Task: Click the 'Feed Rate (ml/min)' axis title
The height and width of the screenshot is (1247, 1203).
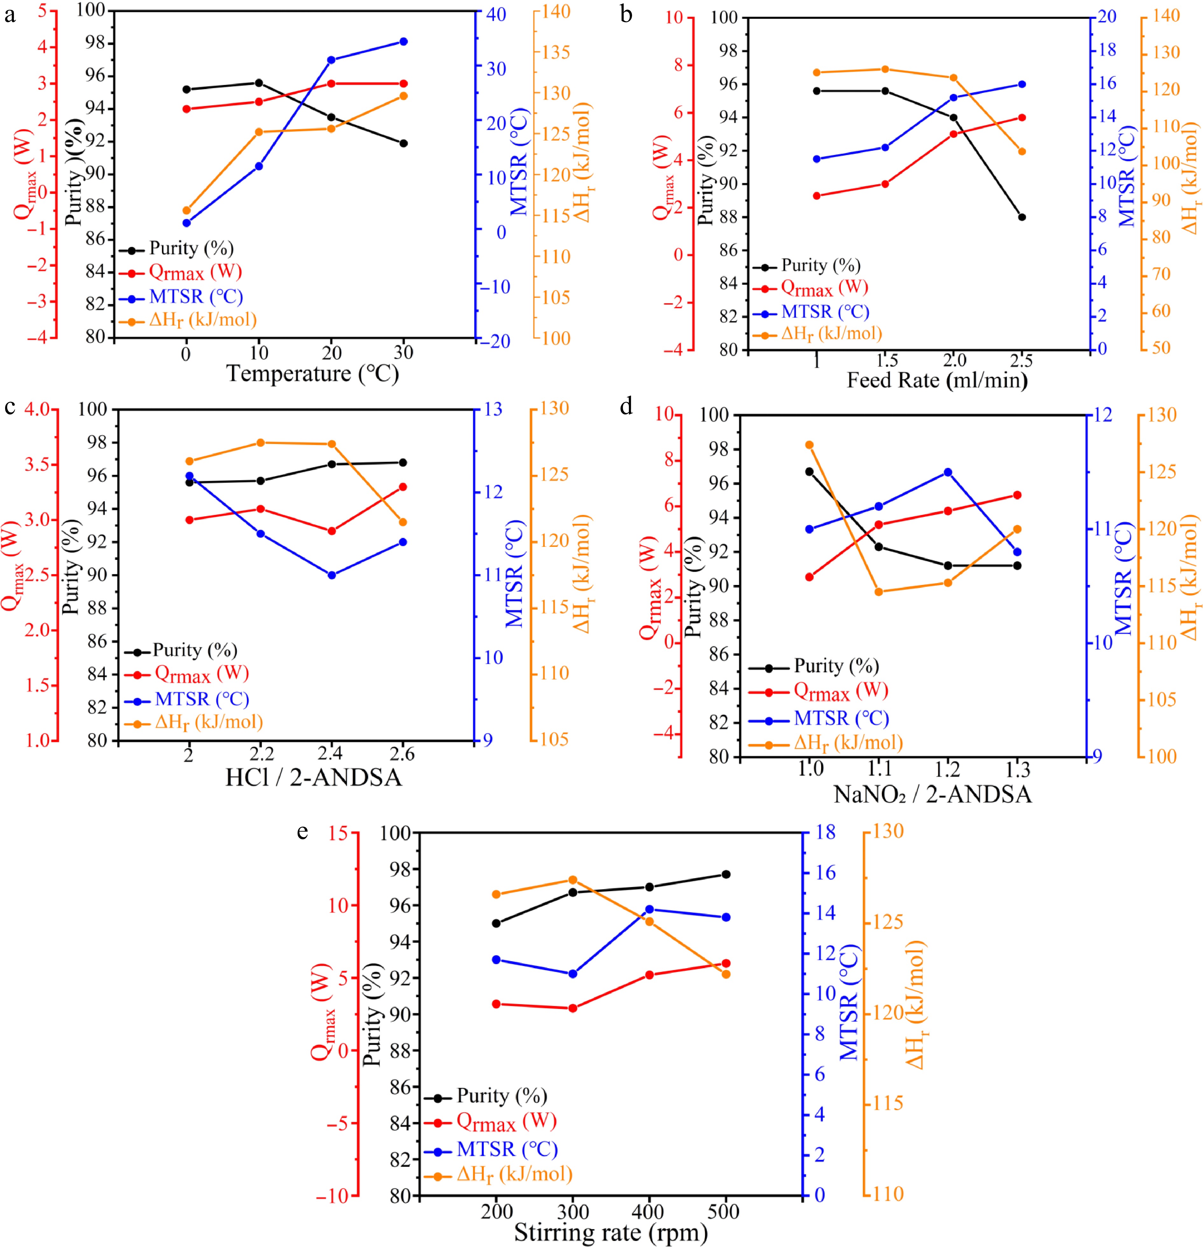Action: tap(937, 380)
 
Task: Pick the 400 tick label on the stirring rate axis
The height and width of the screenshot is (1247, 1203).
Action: tap(649, 1211)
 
